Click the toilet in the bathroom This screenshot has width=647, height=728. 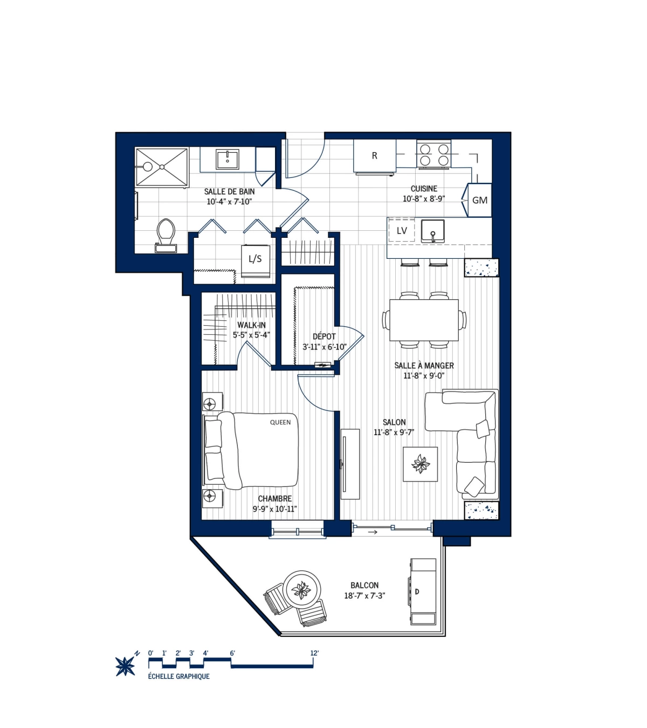(x=166, y=233)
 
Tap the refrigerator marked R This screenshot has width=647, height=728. (x=375, y=156)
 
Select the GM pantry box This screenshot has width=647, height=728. (x=479, y=200)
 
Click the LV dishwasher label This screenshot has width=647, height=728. (x=402, y=231)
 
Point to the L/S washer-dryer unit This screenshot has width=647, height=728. (x=255, y=259)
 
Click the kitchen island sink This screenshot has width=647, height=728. (x=432, y=231)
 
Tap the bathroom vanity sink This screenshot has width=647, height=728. (x=228, y=160)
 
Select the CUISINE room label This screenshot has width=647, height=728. (x=424, y=189)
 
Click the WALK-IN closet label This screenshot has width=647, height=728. (x=251, y=325)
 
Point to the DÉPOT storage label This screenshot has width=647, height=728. (x=324, y=336)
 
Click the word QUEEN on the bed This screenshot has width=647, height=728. (x=280, y=422)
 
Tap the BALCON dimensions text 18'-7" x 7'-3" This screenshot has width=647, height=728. (x=364, y=596)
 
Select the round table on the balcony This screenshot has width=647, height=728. (x=302, y=589)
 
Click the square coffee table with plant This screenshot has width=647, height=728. (x=420, y=464)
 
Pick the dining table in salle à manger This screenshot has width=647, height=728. (x=424, y=320)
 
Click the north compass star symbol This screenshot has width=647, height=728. (x=126, y=666)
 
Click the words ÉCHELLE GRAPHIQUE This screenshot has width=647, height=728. (x=178, y=676)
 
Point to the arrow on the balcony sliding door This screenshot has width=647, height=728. (x=372, y=532)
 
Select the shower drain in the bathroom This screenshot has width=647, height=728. (x=161, y=167)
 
